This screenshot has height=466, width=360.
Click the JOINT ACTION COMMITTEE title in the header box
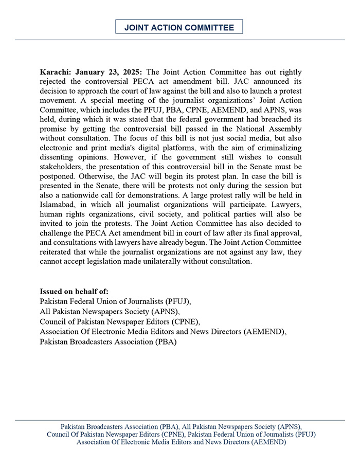[x=179, y=27]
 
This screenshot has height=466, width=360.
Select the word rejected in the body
[x=56, y=81]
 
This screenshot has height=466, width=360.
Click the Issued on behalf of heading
[x=74, y=292]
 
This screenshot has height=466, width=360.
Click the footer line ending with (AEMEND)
[x=181, y=442]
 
